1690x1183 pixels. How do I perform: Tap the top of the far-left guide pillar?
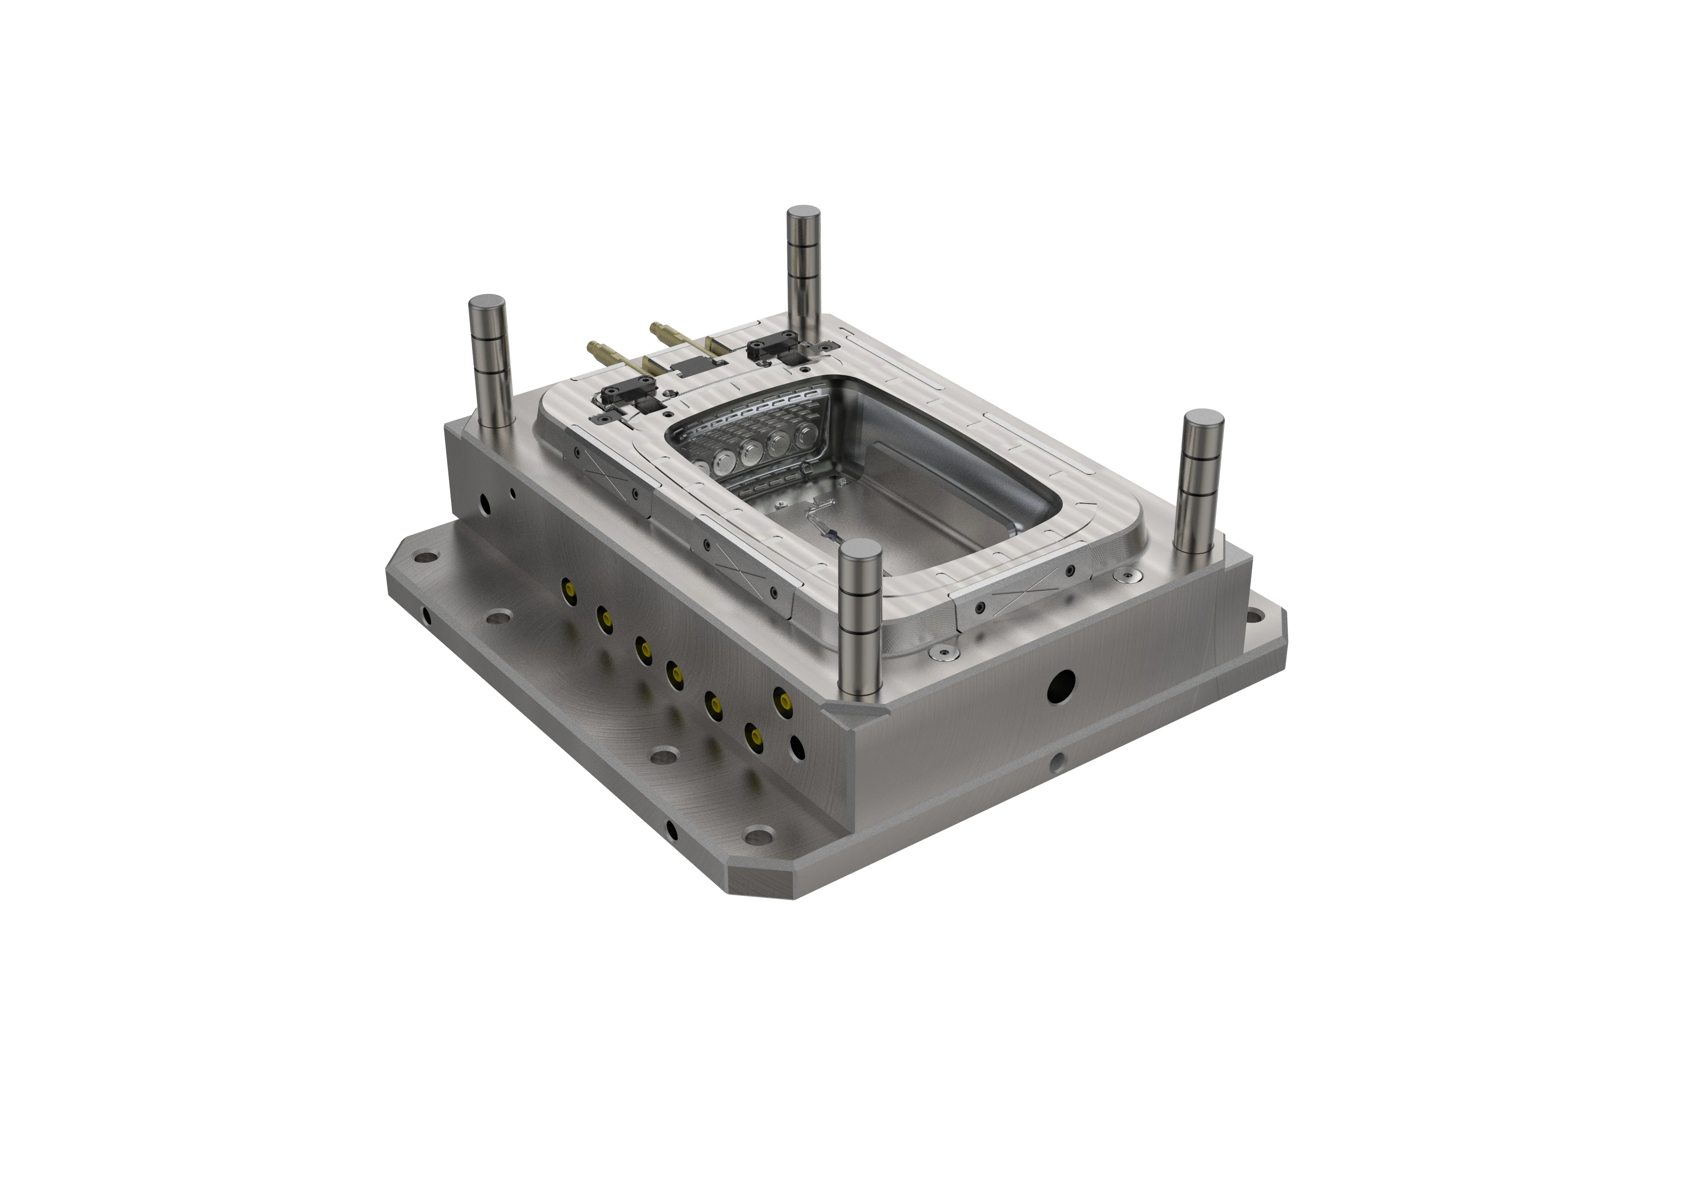coord(487,303)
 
